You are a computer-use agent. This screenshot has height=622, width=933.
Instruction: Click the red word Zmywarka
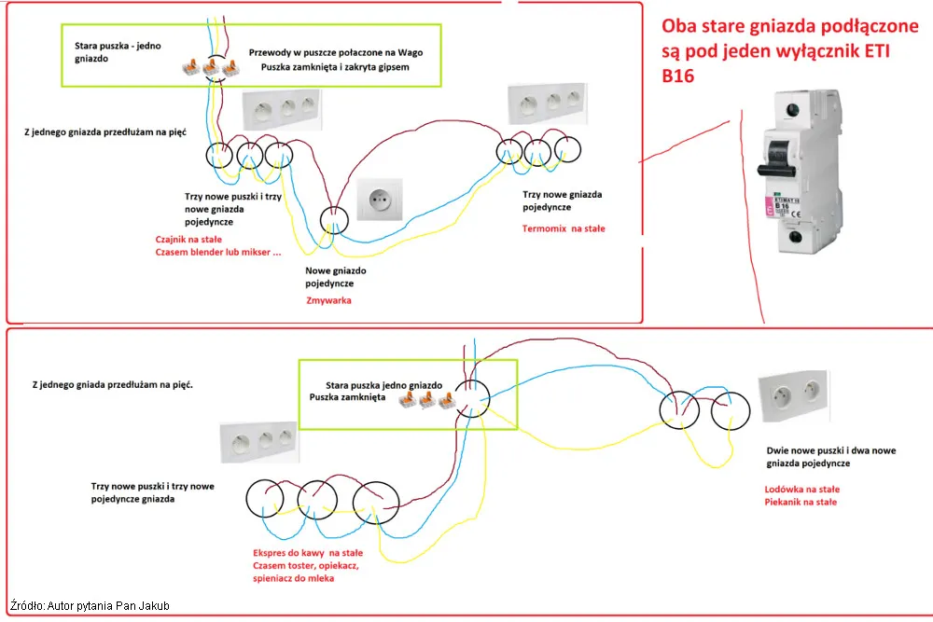point(328,301)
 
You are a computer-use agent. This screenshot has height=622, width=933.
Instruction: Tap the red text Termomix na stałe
point(564,228)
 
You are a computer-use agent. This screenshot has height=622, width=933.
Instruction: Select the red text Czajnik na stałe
point(181,239)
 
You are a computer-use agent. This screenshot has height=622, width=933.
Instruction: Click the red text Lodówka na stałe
point(801,489)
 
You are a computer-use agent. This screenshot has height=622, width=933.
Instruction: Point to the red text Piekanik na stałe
point(801,502)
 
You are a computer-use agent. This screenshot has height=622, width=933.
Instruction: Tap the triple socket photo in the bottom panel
point(258,442)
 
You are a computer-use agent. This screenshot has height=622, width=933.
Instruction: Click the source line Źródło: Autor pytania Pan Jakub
point(90,606)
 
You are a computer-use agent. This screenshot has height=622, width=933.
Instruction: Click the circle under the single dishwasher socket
point(332,218)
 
